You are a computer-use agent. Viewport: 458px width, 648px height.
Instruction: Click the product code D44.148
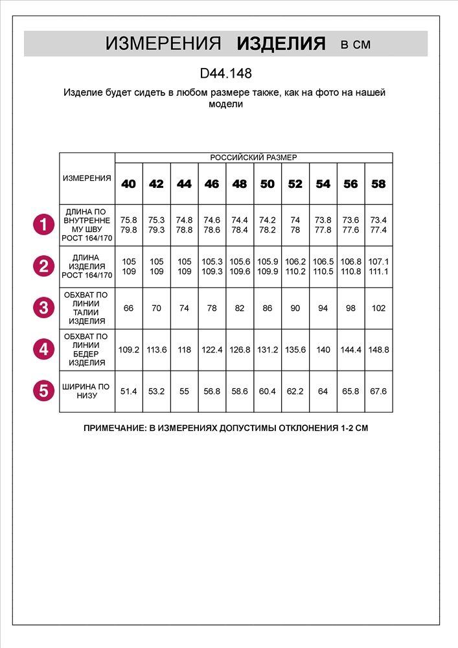(x=225, y=74)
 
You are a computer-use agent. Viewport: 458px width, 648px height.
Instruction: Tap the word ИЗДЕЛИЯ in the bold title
(x=281, y=44)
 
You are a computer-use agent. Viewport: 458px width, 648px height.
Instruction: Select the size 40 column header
(x=129, y=184)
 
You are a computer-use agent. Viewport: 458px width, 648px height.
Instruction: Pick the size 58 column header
(x=378, y=184)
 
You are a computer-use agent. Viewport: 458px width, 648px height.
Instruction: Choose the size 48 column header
(x=240, y=184)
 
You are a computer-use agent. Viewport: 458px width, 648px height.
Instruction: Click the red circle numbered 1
(x=43, y=226)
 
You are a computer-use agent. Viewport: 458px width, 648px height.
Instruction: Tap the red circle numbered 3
(x=43, y=308)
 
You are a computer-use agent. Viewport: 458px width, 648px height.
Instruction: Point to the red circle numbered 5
(x=43, y=390)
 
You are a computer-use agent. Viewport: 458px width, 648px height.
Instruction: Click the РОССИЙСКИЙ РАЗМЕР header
(x=253, y=157)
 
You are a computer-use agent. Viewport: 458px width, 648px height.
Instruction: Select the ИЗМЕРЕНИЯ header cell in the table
(x=87, y=178)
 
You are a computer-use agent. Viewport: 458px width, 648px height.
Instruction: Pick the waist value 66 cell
(x=129, y=308)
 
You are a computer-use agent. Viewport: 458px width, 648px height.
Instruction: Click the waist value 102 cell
(x=378, y=308)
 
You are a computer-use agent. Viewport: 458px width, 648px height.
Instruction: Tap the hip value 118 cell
(x=184, y=349)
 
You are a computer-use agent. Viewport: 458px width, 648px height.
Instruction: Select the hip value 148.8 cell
(x=378, y=349)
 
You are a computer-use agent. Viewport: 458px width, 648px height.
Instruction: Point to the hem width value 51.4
(x=129, y=391)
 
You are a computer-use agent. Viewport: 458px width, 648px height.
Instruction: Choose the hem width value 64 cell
(x=323, y=391)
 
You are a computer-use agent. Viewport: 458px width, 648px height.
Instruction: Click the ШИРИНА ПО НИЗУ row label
(x=87, y=391)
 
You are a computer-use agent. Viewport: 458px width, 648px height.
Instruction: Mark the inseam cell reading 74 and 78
(x=295, y=225)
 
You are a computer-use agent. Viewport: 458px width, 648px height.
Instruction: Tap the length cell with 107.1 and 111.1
(x=378, y=266)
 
